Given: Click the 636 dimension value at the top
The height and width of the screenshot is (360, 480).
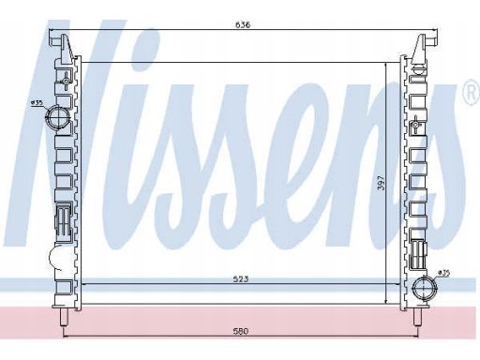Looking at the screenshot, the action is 243,24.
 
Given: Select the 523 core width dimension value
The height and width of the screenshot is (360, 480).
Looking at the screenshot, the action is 241,279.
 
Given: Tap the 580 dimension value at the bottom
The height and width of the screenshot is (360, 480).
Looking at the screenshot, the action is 241,331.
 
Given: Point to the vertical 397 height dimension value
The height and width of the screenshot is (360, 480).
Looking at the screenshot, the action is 382,183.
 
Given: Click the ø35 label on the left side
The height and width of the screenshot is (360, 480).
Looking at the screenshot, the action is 37,102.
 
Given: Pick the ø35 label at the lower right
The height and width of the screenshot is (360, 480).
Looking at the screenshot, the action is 444,273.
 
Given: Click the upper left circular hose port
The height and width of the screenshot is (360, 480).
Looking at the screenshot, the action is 58,117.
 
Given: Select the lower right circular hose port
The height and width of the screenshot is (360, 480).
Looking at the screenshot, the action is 425,288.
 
